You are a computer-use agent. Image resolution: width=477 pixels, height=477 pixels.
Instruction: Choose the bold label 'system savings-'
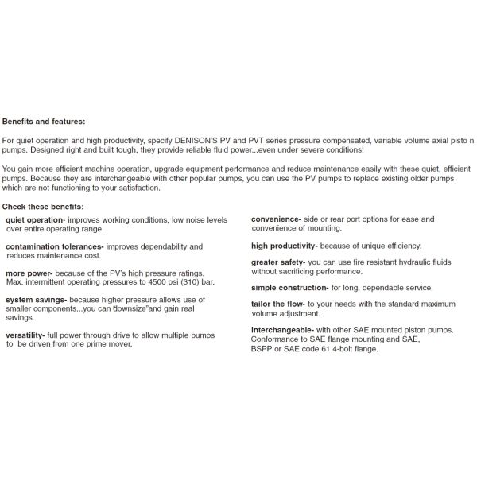click(34, 299)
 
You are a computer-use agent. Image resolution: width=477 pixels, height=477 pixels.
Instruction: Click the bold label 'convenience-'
click(276, 219)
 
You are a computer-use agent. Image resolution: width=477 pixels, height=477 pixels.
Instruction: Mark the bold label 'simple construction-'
click(289, 288)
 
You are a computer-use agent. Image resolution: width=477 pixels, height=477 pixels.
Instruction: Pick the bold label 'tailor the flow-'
click(282, 304)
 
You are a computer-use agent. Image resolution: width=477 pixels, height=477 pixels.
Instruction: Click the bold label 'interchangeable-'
click(284, 329)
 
